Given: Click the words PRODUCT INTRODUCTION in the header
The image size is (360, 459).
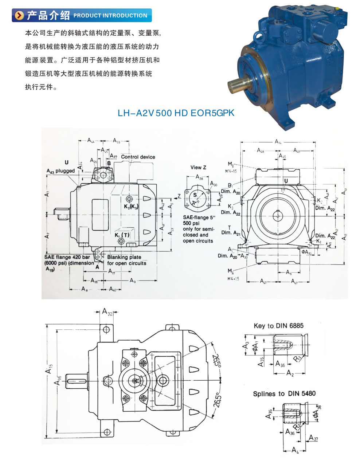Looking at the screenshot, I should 110,16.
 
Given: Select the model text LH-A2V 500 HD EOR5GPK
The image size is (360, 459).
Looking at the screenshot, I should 176,113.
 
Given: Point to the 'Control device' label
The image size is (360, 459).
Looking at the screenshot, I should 138,157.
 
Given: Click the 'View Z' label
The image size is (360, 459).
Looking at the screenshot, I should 198,168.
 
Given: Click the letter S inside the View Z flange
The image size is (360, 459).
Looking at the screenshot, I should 195,195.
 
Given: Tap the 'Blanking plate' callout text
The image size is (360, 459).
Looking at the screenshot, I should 124,257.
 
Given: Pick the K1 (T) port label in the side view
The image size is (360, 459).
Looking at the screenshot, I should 122,235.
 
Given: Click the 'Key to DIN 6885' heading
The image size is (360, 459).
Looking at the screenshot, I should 278,326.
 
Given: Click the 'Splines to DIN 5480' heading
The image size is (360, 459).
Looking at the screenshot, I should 284,394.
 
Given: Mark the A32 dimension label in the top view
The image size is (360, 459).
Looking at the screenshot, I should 107,312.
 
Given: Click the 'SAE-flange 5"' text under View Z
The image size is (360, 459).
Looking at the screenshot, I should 198,217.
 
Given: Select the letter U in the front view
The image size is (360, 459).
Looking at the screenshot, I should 286,181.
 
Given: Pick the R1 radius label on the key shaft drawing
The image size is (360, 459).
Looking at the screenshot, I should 298,358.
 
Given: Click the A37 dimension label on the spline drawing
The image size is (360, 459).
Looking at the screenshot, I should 313,438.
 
